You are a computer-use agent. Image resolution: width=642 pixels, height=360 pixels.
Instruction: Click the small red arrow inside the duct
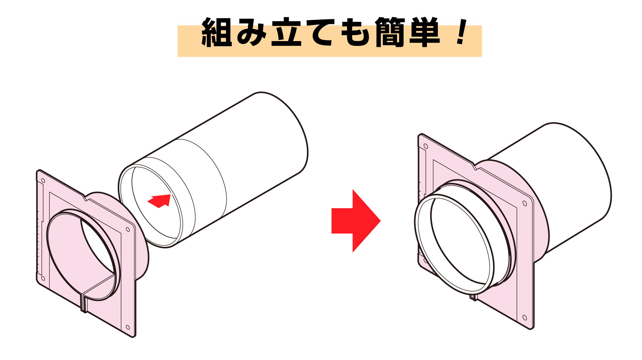[160, 201]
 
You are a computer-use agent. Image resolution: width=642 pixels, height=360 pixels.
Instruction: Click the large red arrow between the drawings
[356, 221]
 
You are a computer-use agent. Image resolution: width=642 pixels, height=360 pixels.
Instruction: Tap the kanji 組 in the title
[217, 32]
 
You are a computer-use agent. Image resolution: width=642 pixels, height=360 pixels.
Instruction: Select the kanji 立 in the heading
[286, 32]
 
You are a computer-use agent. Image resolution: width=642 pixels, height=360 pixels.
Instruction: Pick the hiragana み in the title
[251, 32]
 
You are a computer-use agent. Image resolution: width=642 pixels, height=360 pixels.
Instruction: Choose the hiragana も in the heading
[355, 32]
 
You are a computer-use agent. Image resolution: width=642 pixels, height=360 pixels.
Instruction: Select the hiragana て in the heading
[321, 32]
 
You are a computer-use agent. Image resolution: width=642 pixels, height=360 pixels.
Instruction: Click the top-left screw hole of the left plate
[43, 181]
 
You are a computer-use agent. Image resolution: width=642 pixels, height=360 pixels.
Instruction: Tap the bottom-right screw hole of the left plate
[127, 327]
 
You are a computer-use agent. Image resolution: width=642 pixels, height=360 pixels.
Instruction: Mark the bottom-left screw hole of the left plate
[43, 278]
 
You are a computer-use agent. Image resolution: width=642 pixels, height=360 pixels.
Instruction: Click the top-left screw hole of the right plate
[426, 146]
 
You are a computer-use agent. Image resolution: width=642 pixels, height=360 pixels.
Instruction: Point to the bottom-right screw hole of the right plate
[525, 318]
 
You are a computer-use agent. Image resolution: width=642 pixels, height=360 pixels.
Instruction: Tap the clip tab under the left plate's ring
[84, 303]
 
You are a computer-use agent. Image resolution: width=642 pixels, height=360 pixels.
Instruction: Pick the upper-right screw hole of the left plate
[128, 230]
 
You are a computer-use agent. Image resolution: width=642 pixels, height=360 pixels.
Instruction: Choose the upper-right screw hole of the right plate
[525, 203]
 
